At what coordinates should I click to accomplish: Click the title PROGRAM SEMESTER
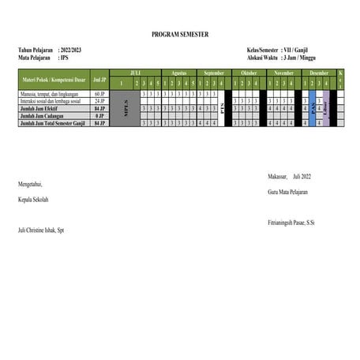click(x=180, y=35)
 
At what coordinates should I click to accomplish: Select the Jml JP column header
click(x=99, y=80)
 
